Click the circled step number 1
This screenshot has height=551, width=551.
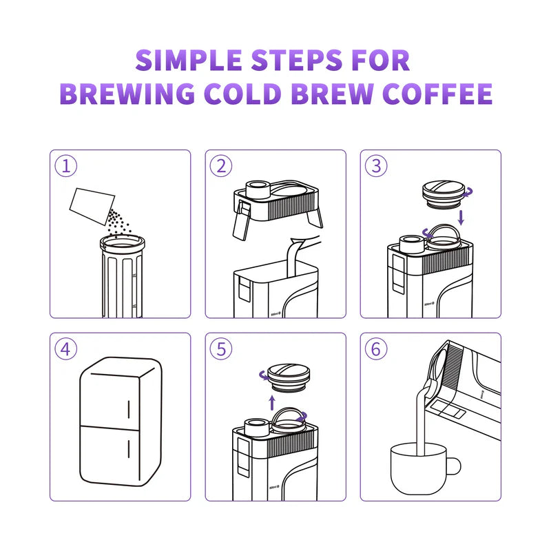65,165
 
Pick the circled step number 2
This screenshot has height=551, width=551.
221,165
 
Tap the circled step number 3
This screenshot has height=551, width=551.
376,165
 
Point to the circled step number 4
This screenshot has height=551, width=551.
65,349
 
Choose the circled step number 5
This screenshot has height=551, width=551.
221,349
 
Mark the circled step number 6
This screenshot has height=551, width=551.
376,349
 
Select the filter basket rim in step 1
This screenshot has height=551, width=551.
123,242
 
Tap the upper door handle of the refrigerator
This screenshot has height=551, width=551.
129,408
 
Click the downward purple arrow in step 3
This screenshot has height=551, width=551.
461,217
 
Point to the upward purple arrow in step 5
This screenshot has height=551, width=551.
271,402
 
